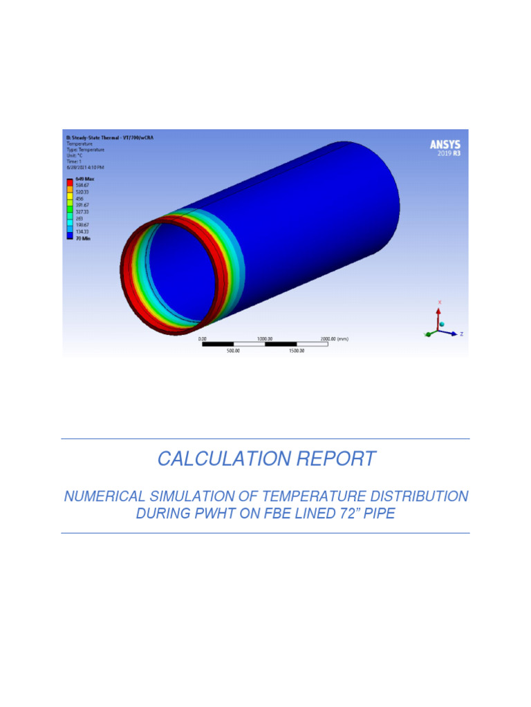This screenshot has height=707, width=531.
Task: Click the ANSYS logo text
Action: (x=445, y=144)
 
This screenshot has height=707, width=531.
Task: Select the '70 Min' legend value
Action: (x=81, y=238)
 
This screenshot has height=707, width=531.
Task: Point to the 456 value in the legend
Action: (x=78, y=198)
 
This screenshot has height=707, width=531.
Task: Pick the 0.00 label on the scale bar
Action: (x=203, y=339)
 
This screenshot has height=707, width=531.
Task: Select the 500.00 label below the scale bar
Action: (x=233, y=351)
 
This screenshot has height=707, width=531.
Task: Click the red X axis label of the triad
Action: (x=440, y=302)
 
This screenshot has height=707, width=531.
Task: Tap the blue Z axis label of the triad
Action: (x=460, y=334)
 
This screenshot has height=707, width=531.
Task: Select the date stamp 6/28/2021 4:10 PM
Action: (x=85, y=167)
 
